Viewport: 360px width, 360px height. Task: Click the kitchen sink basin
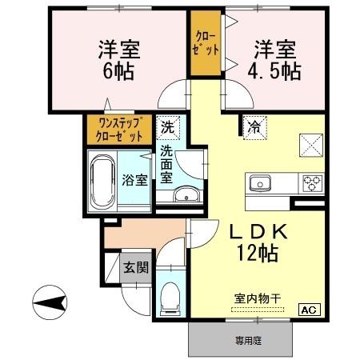[x=261, y=183]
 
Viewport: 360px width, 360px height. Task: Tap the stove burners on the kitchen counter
[x=310, y=183]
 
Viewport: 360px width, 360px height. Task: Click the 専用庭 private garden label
[x=247, y=340]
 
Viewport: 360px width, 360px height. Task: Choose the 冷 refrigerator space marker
[x=254, y=126]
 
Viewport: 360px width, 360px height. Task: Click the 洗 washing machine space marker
[x=167, y=126]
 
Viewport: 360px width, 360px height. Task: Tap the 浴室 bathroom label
[x=134, y=179]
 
